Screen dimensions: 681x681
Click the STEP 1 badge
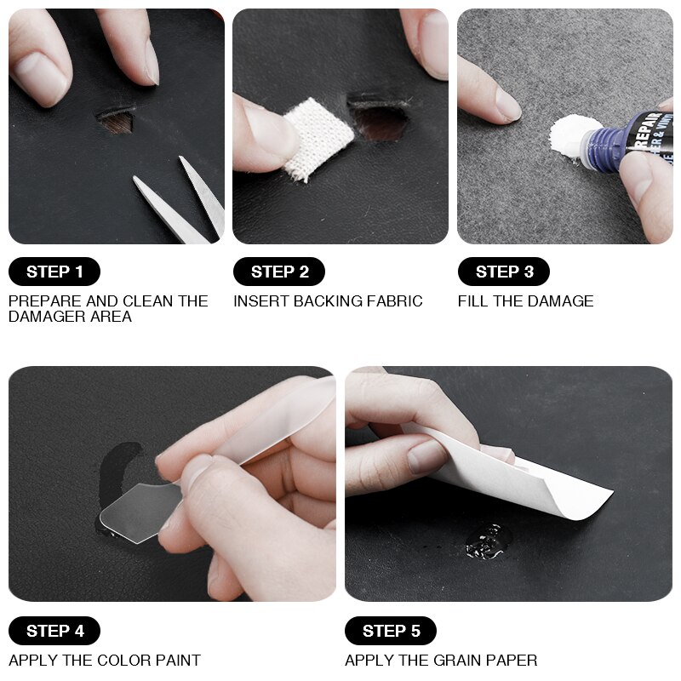tap(54, 272)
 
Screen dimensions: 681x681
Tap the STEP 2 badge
tap(279, 272)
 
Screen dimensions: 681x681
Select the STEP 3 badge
tap(504, 272)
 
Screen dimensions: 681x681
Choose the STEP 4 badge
tap(54, 631)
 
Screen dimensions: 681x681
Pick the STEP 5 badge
tap(391, 631)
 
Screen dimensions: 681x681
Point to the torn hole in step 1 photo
tap(116, 120)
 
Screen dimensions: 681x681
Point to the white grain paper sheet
tap(545, 477)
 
